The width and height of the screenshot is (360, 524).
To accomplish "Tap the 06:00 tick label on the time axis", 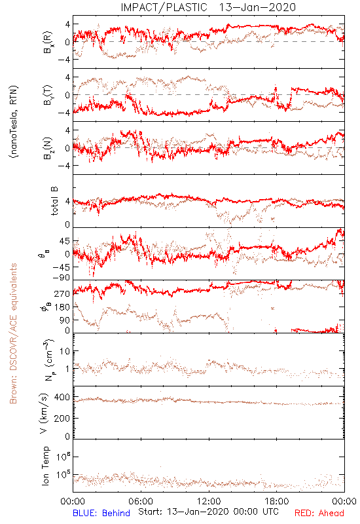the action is tap(141, 501).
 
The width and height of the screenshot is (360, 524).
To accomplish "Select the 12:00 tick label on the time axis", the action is tap(209, 501).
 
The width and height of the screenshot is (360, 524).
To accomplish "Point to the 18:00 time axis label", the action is tap(277, 501).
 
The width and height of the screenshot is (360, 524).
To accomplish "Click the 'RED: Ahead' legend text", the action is tap(319, 513).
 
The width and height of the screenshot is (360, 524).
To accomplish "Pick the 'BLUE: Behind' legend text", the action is tap(101, 513).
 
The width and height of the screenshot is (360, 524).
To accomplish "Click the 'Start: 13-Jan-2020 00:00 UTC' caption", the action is tap(208, 512).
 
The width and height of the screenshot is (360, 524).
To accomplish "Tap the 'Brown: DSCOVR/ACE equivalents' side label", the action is tap(13, 333).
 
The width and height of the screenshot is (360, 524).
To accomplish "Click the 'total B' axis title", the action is tap(54, 201).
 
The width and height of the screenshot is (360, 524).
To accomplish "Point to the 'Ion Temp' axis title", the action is tap(45, 466).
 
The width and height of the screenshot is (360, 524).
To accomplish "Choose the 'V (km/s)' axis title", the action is tap(45, 413).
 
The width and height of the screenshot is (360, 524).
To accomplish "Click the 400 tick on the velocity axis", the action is tap(62, 398).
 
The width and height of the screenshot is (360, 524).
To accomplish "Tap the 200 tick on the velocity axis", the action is tap(62, 418).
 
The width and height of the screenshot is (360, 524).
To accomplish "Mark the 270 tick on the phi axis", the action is tap(62, 293).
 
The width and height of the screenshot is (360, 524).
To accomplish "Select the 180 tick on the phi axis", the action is tap(62, 307).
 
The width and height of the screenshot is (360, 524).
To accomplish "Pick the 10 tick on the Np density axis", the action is tap(65, 351).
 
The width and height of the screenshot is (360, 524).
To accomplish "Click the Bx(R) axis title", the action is tap(48, 42).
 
